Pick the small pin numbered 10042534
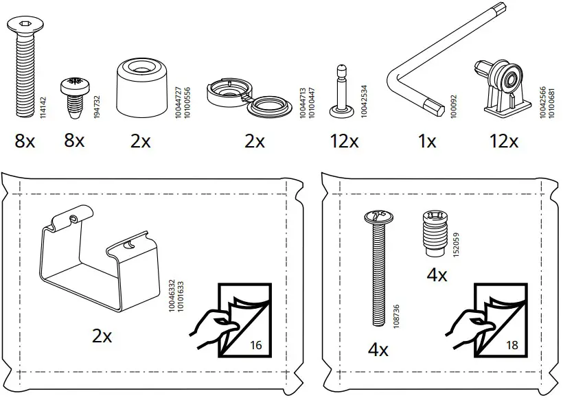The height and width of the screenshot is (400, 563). point(341,88)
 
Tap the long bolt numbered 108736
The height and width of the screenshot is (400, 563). point(377,268)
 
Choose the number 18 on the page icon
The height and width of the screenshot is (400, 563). point(512,346)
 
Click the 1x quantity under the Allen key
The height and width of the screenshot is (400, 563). point(427,142)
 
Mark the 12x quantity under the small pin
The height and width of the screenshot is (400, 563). point(343,142)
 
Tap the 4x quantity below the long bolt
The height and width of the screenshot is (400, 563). point(378,351)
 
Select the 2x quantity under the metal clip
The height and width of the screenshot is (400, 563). point(102,336)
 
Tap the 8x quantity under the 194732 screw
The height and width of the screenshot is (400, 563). point(74,142)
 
